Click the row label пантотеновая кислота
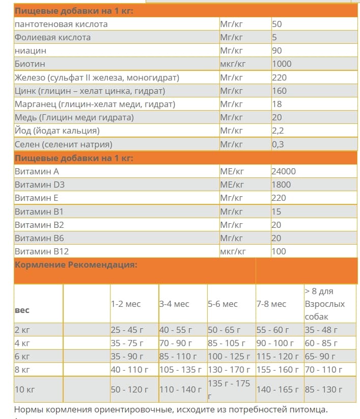61,24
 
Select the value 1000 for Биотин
282,64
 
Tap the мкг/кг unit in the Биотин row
233,64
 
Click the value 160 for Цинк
279,91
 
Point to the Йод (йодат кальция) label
57,130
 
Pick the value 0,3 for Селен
278,144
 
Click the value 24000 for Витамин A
284,171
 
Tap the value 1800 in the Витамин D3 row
282,185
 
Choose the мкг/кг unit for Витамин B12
233,251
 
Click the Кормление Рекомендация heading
76,265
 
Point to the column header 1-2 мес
126,304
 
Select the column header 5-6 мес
223,304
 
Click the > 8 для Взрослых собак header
325,304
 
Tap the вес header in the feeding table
22,310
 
